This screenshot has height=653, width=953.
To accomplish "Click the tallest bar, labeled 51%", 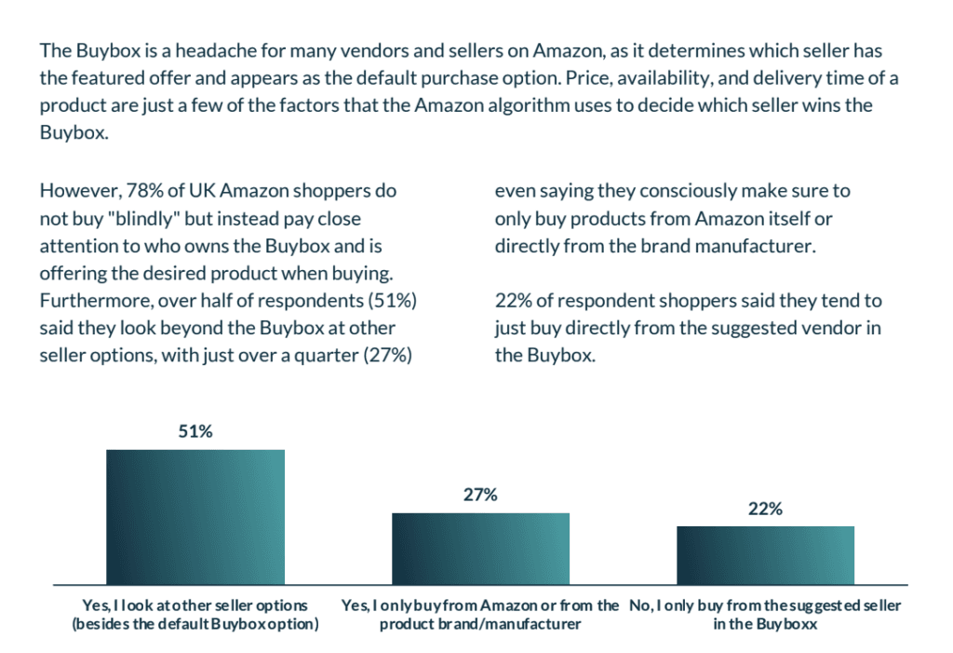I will pyautogui.click(x=195, y=515).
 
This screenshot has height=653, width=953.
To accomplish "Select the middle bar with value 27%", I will pyautogui.click(x=480, y=547).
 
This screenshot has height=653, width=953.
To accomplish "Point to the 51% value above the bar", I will pyautogui.click(x=195, y=432).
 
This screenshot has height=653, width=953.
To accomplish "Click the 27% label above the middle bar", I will pyautogui.click(x=480, y=496).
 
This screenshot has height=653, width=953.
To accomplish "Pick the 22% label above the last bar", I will pyautogui.click(x=765, y=509).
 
